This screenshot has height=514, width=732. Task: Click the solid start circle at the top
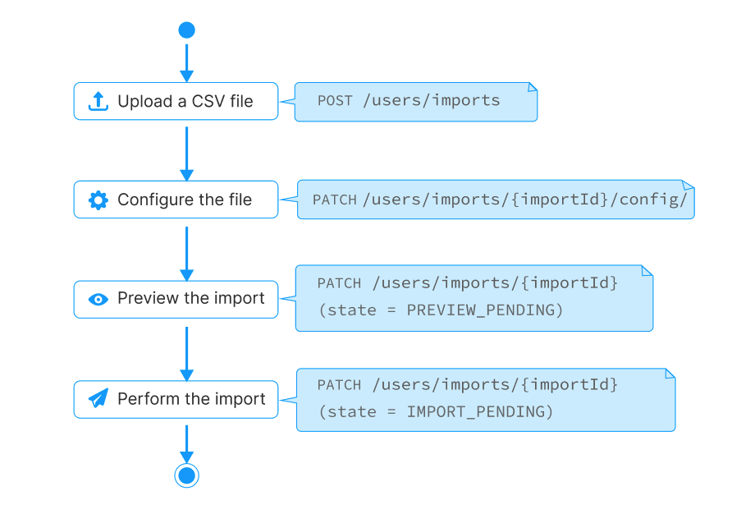[x=187, y=30]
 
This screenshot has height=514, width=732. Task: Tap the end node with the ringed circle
[x=187, y=475]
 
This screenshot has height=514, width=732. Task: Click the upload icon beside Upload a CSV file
[x=98, y=101]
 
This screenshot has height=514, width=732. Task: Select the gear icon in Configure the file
[x=98, y=200]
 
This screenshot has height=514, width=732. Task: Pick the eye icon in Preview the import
[x=98, y=299]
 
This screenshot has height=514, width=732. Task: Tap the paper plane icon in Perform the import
[x=98, y=398]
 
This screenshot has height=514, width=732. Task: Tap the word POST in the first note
[x=335, y=101]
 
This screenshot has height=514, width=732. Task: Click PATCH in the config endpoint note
[x=334, y=200]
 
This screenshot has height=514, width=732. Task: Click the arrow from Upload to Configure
[x=187, y=154]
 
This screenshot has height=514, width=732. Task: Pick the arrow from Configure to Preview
[x=187, y=254]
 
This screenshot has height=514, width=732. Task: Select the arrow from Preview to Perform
[x=187, y=354]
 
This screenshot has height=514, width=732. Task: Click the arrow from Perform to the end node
[x=187, y=444]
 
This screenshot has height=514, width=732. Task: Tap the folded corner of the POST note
[x=533, y=87]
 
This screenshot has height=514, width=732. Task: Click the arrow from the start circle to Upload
[x=187, y=63]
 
